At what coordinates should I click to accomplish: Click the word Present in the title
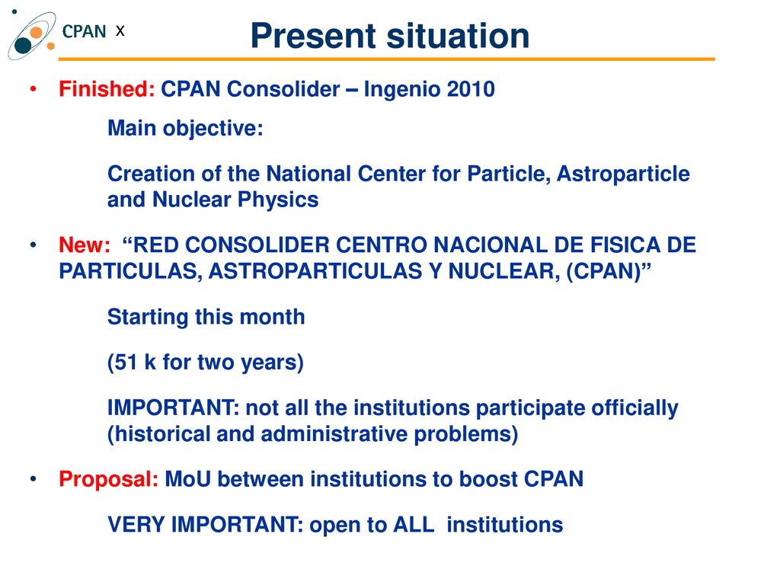click(x=313, y=37)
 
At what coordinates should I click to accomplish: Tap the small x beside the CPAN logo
click(x=120, y=31)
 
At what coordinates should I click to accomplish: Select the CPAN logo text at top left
click(x=84, y=31)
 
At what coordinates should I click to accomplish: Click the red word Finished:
click(x=107, y=89)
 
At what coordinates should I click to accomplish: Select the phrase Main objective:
click(x=185, y=128)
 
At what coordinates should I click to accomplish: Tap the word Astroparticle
click(x=623, y=174)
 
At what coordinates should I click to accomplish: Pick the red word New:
click(x=85, y=245)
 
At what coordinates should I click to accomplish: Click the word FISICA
click(x=625, y=245)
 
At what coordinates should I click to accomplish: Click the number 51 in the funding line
click(x=126, y=362)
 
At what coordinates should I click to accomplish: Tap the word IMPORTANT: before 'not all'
click(x=174, y=408)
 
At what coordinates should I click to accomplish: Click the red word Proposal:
click(x=108, y=480)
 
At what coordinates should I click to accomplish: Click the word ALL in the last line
click(x=414, y=525)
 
